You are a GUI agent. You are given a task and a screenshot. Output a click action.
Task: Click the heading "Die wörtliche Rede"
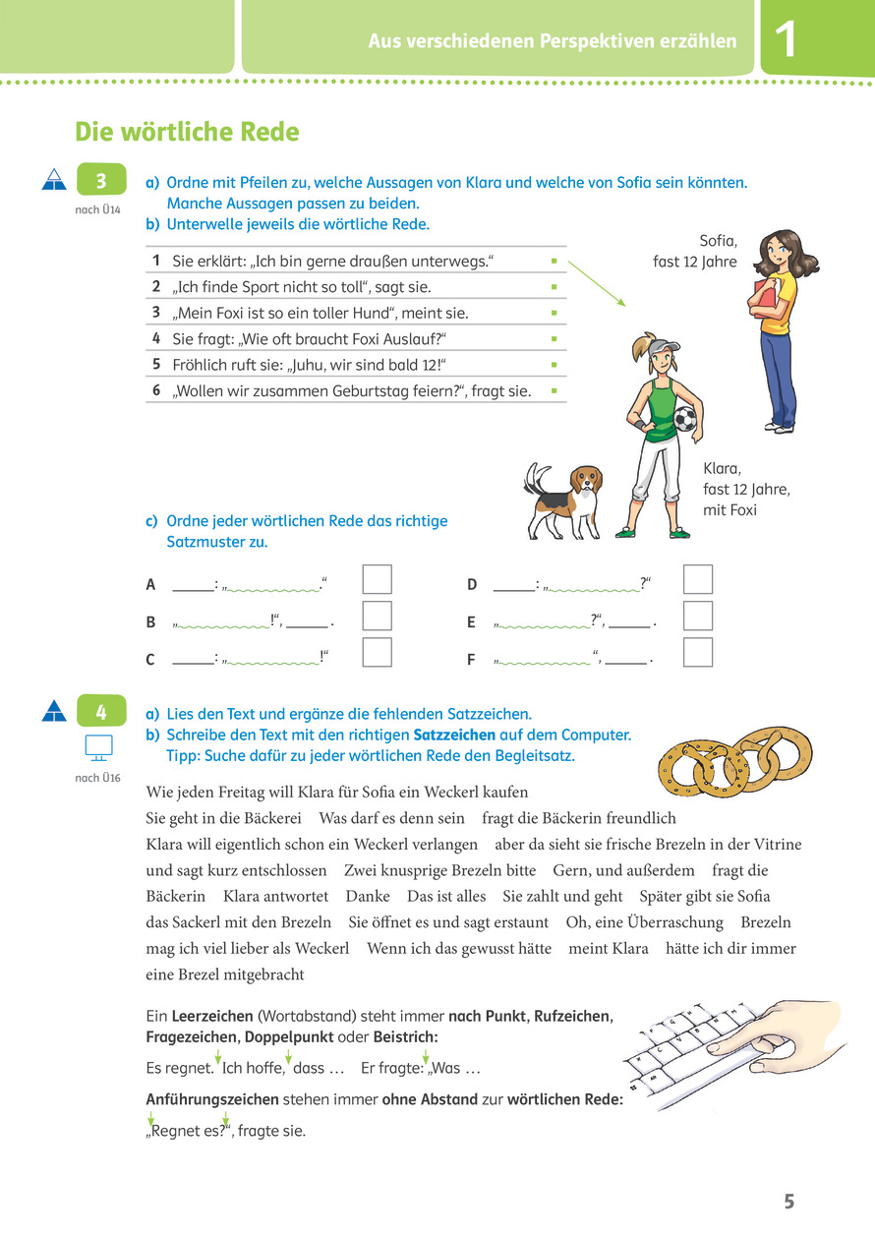point(187,132)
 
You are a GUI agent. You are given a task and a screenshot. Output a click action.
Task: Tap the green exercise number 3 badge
point(100,181)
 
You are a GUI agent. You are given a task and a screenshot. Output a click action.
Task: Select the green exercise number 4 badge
point(100,711)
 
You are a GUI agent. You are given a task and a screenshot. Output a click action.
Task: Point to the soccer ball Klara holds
point(684,420)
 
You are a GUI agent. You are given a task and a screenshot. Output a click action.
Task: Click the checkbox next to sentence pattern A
point(377,580)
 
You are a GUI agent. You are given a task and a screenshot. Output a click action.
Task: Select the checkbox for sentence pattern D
point(698,580)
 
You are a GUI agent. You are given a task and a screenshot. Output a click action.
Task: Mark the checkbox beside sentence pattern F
point(698,653)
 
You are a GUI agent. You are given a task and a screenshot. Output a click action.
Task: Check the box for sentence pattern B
point(377,617)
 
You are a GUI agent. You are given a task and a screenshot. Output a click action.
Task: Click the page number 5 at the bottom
point(788,1201)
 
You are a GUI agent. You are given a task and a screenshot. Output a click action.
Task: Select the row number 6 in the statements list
point(155,390)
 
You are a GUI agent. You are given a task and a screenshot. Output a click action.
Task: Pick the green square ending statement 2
point(554,288)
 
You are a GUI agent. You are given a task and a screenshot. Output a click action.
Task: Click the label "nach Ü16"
point(96,779)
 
